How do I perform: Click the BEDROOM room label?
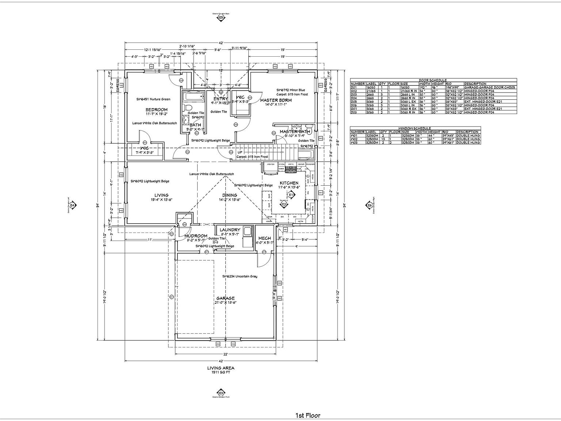(156, 110)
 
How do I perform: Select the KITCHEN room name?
(289, 183)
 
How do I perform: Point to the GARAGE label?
(225, 298)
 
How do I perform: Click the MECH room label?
(265, 238)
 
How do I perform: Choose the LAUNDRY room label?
(230, 230)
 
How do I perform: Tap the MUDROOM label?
(196, 236)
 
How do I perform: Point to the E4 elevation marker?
(72, 205)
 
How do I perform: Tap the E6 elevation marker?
(370, 205)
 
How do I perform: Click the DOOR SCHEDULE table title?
(433, 80)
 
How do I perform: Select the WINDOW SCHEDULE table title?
(415, 128)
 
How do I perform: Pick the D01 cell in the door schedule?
(354, 88)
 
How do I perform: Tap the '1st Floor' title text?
(308, 415)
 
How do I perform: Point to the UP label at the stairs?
(240, 152)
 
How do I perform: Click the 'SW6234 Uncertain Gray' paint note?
(240, 276)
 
